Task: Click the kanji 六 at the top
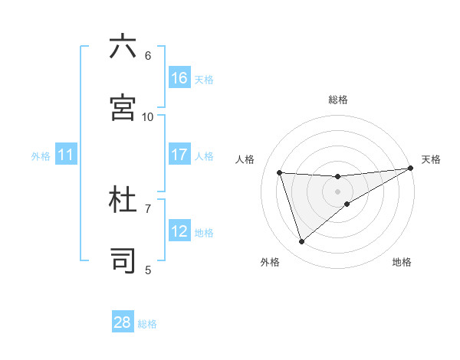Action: pos(123,47)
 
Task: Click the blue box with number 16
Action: pos(179,78)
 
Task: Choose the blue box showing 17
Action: pos(179,155)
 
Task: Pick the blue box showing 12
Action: pos(179,231)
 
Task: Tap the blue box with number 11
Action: pos(66,155)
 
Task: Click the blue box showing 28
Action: pos(123,322)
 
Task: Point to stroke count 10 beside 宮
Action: pos(148,116)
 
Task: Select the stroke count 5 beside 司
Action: pos(148,270)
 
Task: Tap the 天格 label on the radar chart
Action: pos(431,159)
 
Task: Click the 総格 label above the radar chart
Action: pos(338,100)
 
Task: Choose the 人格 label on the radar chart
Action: pos(245,159)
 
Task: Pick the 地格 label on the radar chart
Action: pos(402,262)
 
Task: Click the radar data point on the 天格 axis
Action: pos(411,168)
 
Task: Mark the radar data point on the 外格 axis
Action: pos(301,242)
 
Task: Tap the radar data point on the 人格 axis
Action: pos(280,172)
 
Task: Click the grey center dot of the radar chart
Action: pos(338,191)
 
